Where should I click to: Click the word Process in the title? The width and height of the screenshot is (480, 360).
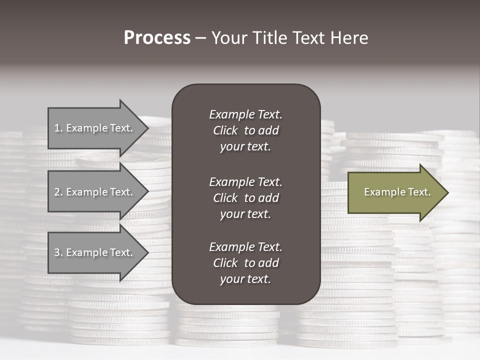[157, 38]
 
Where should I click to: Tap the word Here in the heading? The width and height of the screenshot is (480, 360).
[348, 38]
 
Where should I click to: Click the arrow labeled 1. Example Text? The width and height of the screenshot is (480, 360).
[95, 128]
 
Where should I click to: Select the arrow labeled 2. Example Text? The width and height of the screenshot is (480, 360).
[95, 192]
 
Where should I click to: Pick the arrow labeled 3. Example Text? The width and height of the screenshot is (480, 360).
[95, 252]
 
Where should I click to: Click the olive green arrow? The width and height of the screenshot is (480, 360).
[395, 192]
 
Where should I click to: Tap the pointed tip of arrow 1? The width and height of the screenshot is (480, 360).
[147, 128]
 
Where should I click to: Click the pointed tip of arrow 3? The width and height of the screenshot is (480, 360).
[147, 252]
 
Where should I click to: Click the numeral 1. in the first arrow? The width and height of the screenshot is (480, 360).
[58, 128]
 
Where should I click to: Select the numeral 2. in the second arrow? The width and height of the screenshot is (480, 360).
[58, 192]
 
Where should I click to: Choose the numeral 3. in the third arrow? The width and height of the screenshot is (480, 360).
[58, 252]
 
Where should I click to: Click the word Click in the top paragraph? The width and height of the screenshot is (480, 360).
[225, 130]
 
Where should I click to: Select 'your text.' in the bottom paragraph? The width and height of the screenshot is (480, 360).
[245, 279]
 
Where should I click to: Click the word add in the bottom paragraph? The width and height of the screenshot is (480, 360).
[268, 263]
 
